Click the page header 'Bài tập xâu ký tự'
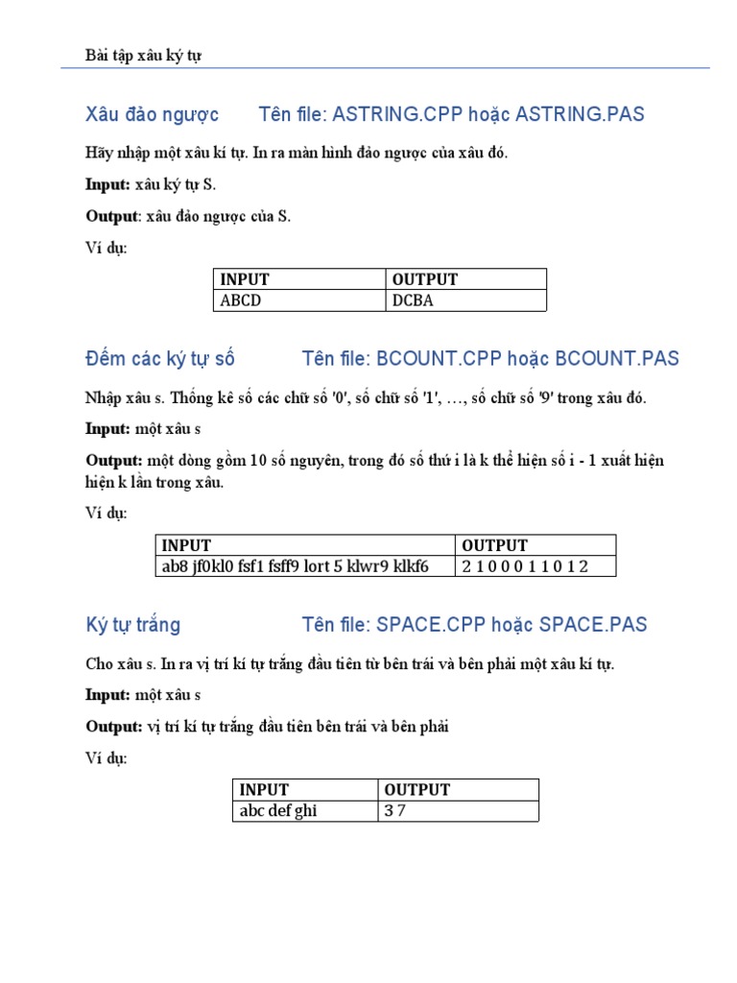pos(143,56)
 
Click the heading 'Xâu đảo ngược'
pos(153,115)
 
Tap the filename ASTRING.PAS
pos(580,115)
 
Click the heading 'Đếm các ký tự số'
pos(160,359)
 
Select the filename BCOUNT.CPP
pos(436,359)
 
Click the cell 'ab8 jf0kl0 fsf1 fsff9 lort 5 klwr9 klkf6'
pos(295,566)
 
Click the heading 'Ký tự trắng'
pos(133,625)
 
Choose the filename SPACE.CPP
pos(434,625)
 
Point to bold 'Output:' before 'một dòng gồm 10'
pos(114,461)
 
